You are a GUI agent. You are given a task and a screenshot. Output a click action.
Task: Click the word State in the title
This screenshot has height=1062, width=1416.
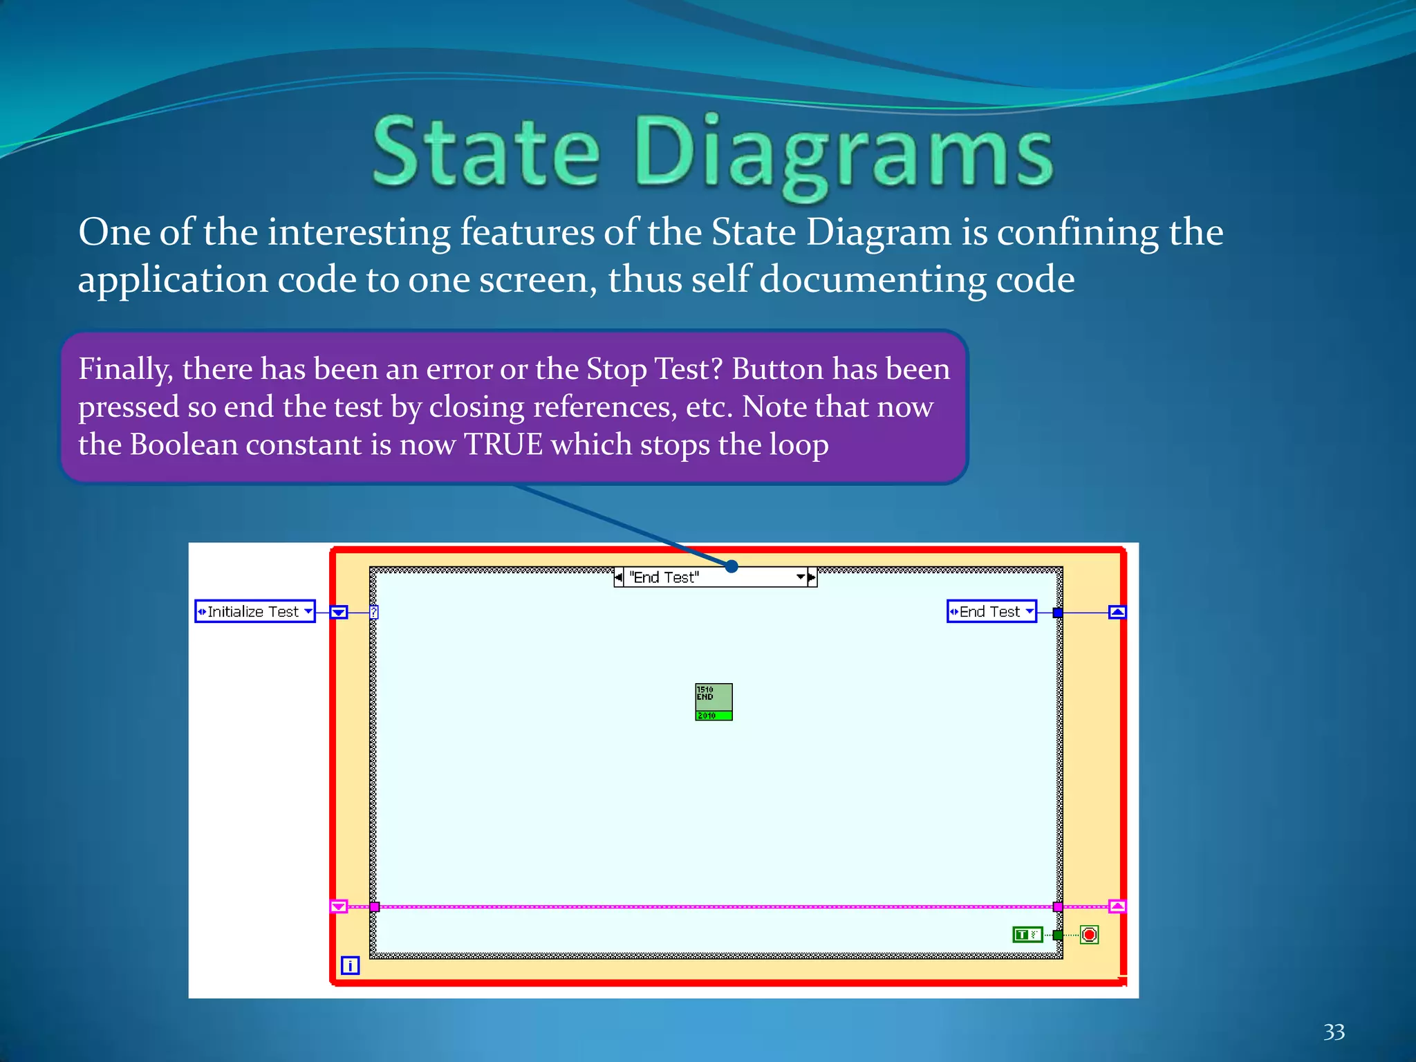coord(486,153)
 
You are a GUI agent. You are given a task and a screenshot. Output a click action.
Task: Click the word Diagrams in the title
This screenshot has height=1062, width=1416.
coord(844,153)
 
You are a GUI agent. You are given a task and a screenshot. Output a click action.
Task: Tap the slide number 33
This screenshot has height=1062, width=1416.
coord(1334,1032)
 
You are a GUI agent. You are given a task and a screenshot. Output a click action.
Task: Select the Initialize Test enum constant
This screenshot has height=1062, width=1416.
coord(254,612)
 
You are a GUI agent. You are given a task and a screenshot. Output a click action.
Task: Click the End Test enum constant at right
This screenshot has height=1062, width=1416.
coord(991,612)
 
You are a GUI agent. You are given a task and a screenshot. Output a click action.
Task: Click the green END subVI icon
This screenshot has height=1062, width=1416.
coord(714,702)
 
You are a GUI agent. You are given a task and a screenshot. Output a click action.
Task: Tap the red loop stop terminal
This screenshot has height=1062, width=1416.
coord(1089,935)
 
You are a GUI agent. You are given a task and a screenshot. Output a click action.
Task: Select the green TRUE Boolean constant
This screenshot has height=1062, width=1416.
coord(1027,935)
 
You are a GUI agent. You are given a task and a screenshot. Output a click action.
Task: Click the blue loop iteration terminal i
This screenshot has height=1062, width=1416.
coord(350,965)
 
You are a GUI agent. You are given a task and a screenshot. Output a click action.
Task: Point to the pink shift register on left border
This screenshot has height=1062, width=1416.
coord(338,906)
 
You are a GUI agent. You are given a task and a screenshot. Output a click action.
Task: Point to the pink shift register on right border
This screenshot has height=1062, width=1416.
coord(1117,906)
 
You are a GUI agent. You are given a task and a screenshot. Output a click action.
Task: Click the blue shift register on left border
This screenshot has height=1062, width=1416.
coord(338,613)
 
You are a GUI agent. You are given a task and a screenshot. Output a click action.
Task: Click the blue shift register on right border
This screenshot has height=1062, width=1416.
coord(1117,613)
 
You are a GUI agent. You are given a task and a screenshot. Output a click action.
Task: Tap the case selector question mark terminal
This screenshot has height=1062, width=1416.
coord(374,613)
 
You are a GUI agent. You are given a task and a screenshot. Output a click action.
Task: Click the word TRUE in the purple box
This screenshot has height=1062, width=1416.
coord(503,445)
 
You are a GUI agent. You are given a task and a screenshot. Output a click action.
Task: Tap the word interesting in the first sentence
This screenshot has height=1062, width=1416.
coord(359,232)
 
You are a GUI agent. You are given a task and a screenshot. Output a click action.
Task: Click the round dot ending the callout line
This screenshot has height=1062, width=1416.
coord(732,567)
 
